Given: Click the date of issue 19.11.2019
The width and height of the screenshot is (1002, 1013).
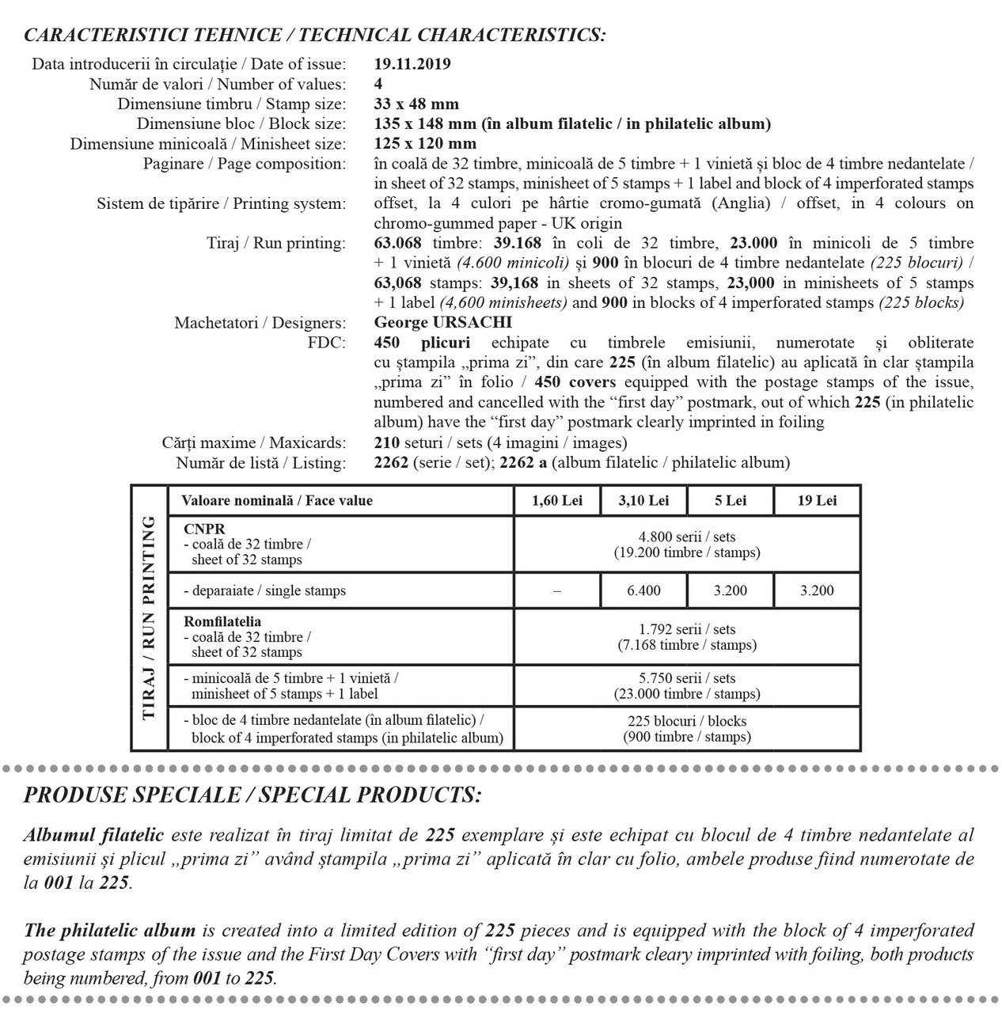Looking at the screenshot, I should pos(412,64).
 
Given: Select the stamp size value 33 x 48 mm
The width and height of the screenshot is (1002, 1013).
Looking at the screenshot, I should pos(416,104).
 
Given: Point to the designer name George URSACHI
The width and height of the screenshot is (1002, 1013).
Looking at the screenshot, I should pos(442,322).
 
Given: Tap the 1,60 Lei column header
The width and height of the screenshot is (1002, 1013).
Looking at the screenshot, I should pos(557,500).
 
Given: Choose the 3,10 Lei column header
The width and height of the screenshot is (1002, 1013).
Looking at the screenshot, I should pos(643,500).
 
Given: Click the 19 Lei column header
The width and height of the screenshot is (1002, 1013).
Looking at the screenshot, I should pos(817,500).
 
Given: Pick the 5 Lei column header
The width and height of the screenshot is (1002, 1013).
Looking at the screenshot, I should pos(731,500).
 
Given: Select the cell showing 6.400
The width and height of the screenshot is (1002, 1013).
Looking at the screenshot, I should pos(643,590).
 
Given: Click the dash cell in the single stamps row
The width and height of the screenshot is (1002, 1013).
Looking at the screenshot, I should pos(557,591).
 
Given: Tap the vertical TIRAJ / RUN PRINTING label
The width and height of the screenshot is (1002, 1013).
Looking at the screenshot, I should pos(149,617).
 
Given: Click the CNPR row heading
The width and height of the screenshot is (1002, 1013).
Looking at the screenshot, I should pos(204,529).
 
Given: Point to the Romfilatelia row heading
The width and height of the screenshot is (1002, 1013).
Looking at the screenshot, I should pos(222,621).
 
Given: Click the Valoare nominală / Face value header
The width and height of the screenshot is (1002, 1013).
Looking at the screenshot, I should pos(277,500).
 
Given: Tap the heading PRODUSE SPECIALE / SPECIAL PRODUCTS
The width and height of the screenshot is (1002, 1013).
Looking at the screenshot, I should pos(252,795).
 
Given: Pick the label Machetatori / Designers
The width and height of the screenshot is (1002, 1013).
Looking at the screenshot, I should pos(260,323).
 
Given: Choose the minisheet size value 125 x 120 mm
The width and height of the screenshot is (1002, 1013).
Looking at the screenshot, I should pos(425,143).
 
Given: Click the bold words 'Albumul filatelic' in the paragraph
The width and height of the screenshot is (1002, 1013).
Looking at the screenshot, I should pos(93,835).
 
